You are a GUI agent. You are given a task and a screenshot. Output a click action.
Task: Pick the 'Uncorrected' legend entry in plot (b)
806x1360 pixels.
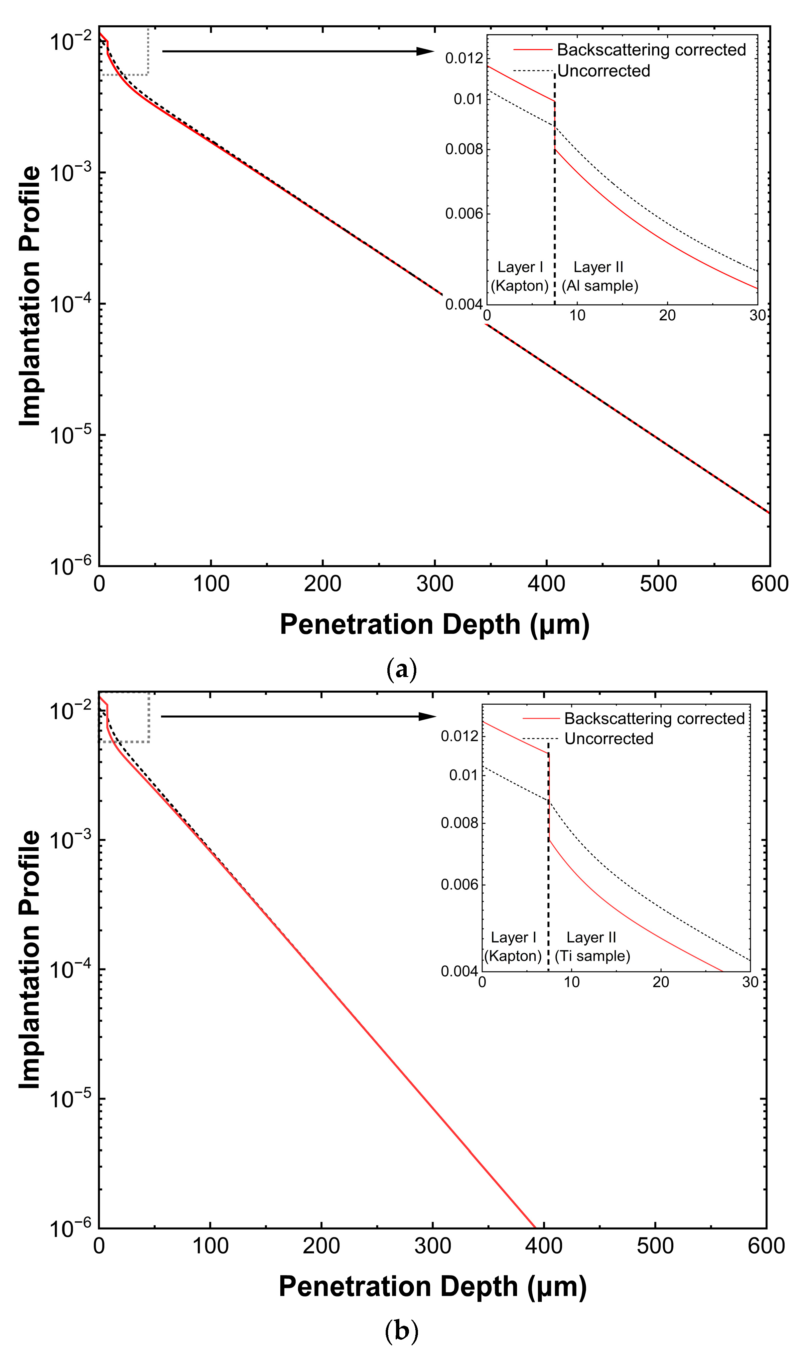pyautogui.click(x=608, y=739)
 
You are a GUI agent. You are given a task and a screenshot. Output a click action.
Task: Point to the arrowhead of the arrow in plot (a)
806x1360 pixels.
pyautogui.click(x=426, y=51)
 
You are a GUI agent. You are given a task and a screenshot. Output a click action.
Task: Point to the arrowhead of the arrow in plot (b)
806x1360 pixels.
pyautogui.click(x=428, y=716)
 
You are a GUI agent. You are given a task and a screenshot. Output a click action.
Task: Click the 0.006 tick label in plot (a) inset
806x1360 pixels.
pyautogui.click(x=464, y=214)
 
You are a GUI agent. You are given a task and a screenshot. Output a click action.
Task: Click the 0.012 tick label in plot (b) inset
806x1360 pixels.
pyautogui.click(x=460, y=736)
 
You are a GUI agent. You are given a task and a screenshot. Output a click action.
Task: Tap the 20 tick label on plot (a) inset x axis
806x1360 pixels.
pyautogui.click(x=667, y=316)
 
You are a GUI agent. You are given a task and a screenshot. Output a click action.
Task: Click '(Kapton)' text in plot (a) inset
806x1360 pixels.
pyautogui.click(x=520, y=286)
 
